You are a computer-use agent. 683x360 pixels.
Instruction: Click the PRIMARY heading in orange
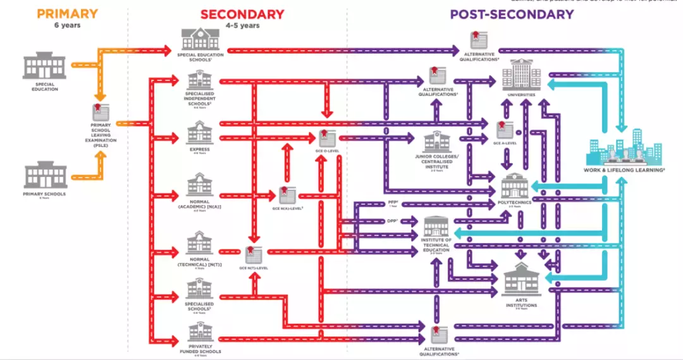click(68, 13)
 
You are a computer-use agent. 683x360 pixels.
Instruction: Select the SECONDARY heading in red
click(242, 14)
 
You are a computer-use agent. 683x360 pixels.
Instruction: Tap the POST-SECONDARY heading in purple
click(512, 14)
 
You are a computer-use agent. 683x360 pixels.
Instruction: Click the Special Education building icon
click(44, 66)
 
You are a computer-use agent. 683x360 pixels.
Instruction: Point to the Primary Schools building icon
click(46, 175)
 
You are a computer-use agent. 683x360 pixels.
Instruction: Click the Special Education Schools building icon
click(200, 40)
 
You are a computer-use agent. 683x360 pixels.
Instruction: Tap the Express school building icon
click(200, 134)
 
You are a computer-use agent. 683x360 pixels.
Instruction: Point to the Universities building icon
click(521, 75)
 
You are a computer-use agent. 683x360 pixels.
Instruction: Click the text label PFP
click(392, 202)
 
